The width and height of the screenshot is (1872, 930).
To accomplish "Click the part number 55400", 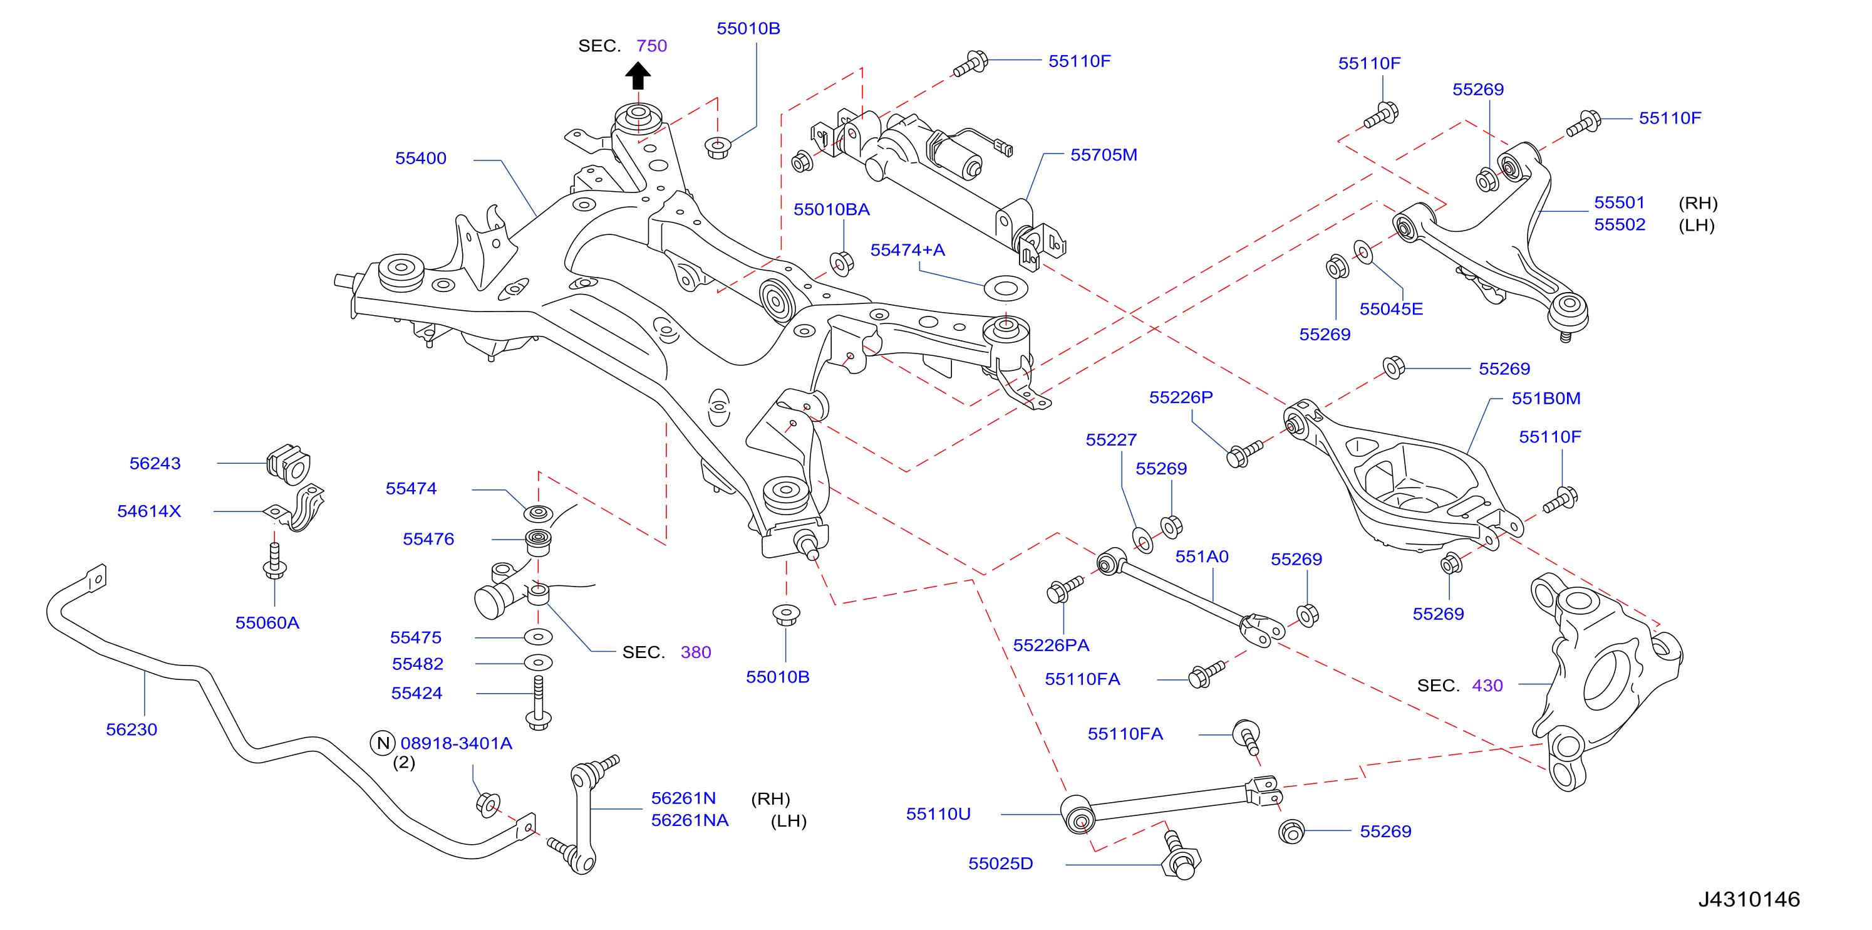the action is tap(421, 159).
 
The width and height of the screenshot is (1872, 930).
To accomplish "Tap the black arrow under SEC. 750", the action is tap(638, 76).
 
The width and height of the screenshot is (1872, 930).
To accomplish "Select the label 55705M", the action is tap(1104, 155).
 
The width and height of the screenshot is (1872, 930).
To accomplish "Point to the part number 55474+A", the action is tap(908, 250).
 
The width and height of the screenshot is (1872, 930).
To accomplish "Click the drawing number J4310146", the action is tap(1749, 899).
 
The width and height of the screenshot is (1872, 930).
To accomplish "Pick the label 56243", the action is tap(155, 463).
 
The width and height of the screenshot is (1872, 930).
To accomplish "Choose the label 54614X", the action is tap(149, 511).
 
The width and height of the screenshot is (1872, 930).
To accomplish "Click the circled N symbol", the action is tap(383, 743).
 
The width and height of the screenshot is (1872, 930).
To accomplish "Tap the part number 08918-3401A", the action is tap(457, 743).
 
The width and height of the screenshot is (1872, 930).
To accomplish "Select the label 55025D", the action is tap(1001, 864).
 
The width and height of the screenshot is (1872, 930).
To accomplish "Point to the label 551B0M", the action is tap(1546, 399).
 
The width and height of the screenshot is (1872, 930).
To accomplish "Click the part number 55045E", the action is tap(1391, 309).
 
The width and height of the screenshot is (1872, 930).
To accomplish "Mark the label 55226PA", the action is tap(1051, 645).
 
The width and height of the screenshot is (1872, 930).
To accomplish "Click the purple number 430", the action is tap(1487, 686).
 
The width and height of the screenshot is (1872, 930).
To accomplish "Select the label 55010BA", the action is tap(831, 209).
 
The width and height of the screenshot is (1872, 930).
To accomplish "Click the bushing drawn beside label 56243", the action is tap(289, 464).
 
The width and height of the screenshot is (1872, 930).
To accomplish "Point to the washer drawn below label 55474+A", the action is tap(1006, 288).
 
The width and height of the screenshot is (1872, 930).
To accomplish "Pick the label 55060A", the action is tap(267, 623).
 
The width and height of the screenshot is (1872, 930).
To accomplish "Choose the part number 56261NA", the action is tap(690, 820).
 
